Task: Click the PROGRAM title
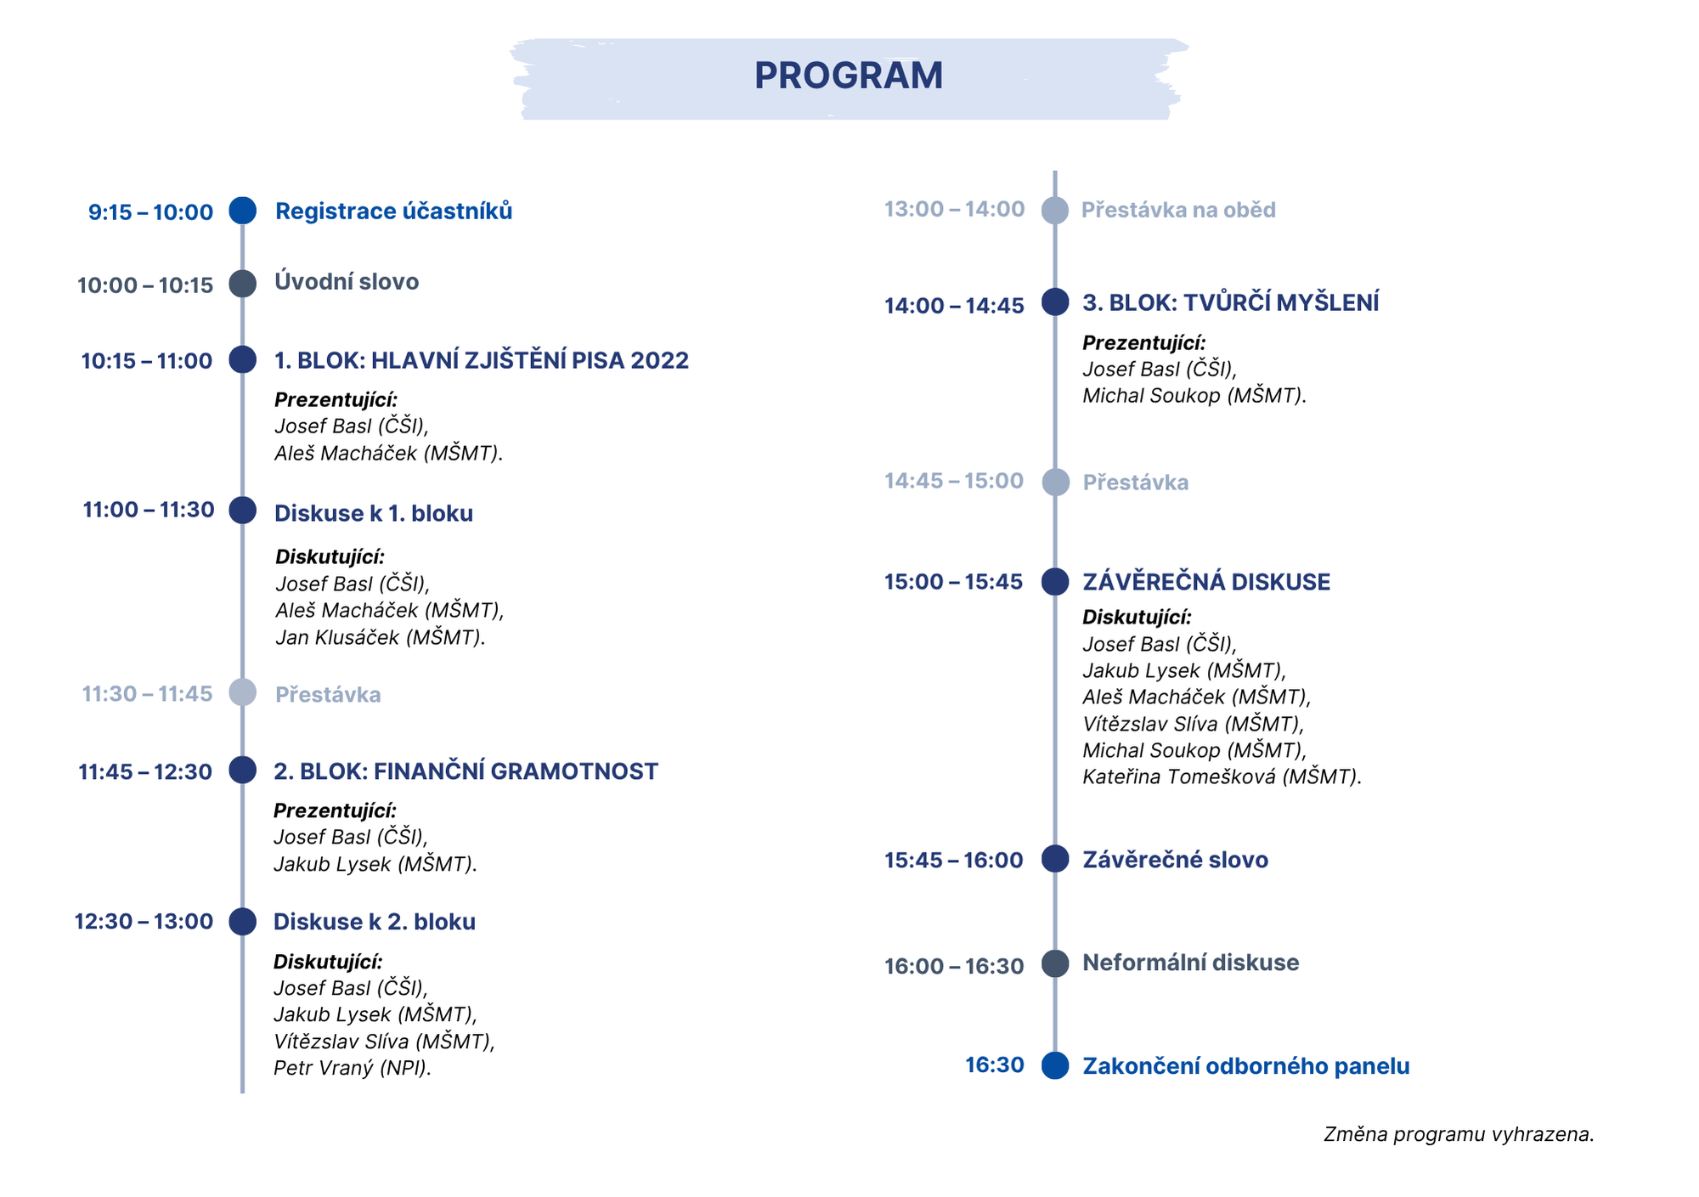click(848, 76)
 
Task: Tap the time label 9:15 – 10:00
click(150, 212)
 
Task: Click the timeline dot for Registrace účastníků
click(243, 211)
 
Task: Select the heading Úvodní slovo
click(347, 282)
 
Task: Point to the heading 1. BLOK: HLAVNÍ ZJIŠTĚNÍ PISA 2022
click(481, 361)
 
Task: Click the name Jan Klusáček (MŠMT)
click(380, 637)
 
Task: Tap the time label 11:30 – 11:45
click(147, 694)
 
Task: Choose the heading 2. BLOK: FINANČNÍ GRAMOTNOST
click(466, 771)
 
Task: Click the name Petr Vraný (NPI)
click(352, 1068)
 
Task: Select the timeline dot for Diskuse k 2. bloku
click(243, 922)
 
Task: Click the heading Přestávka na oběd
click(1178, 210)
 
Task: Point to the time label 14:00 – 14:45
click(954, 306)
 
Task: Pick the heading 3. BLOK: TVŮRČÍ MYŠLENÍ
click(1230, 302)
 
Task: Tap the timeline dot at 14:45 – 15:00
click(1055, 482)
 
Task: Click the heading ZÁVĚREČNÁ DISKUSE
click(1206, 582)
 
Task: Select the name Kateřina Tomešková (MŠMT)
click(1222, 776)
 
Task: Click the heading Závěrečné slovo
click(1175, 860)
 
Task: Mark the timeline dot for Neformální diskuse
click(1055, 963)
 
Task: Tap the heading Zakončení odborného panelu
click(1245, 1066)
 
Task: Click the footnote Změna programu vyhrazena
click(1459, 1134)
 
